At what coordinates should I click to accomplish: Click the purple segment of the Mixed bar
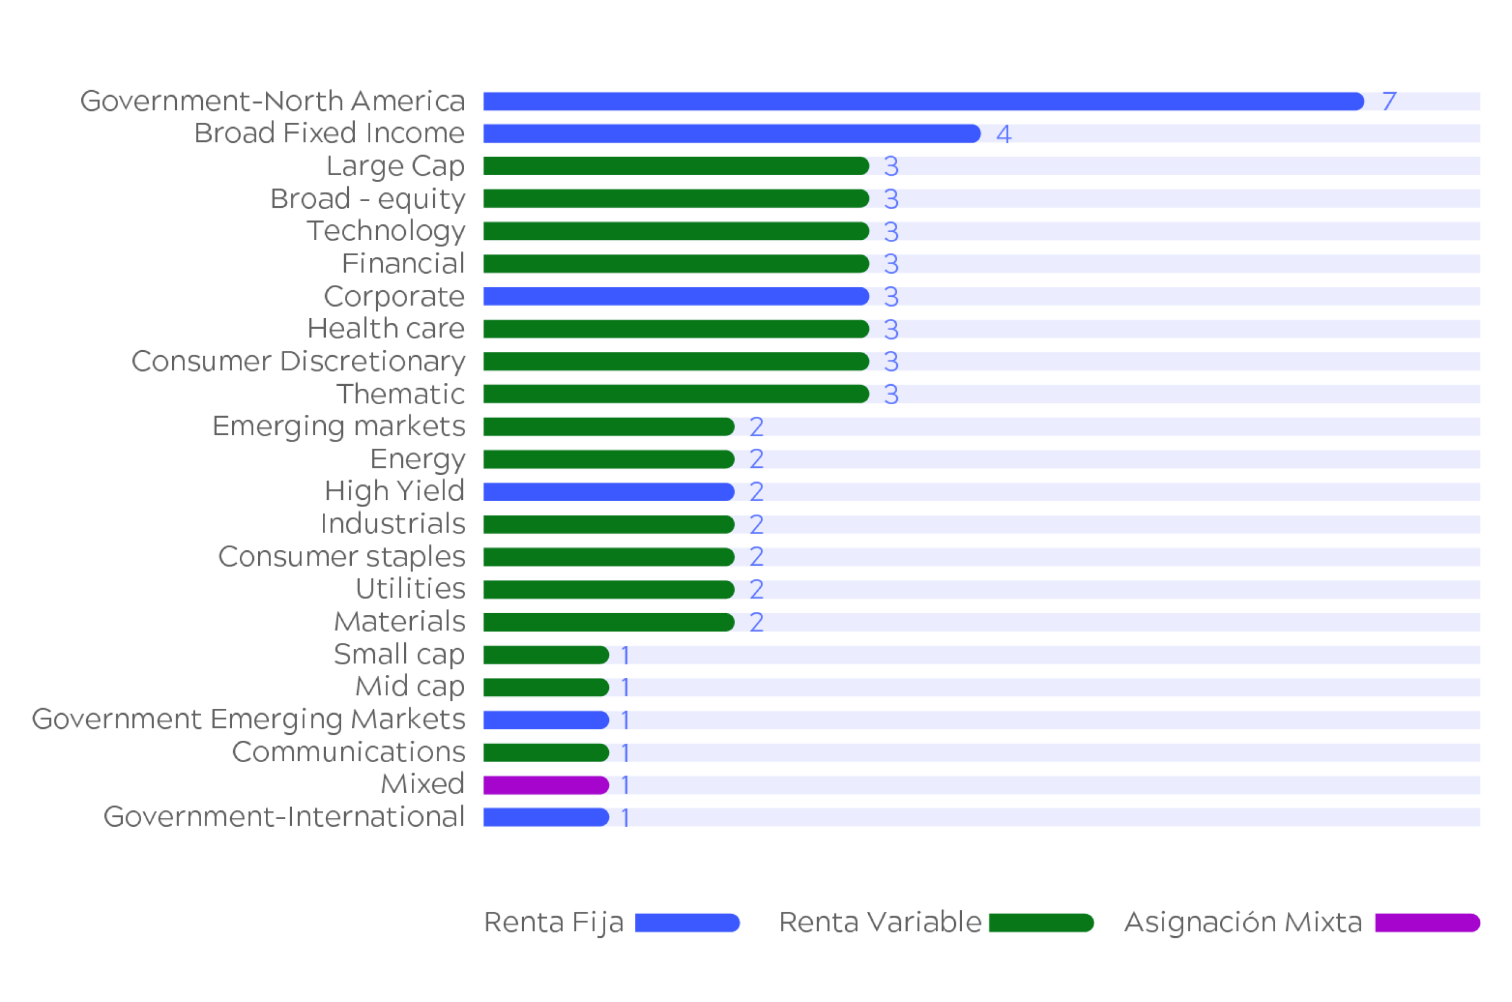(545, 785)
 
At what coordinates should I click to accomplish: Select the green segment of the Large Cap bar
(675, 166)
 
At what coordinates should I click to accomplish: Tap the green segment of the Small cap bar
(545, 654)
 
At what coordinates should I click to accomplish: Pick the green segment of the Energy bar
(608, 459)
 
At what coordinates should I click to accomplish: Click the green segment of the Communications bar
(545, 752)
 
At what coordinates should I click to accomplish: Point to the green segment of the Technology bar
(675, 231)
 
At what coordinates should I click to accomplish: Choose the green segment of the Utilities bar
(608, 589)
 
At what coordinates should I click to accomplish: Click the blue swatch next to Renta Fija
(687, 922)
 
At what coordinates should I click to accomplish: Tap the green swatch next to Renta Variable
(1041, 922)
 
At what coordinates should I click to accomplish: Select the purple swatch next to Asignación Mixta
(1427, 922)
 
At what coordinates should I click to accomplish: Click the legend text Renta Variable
(879, 922)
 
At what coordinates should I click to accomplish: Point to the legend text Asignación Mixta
(1243, 922)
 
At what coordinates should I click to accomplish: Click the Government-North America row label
(272, 101)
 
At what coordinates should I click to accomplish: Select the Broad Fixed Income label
(329, 133)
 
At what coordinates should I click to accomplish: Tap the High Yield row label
(394, 491)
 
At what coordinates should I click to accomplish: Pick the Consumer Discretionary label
(298, 361)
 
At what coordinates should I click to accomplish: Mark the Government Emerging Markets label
(248, 719)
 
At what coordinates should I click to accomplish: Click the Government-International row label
(284, 817)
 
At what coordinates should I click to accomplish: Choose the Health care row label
(386, 328)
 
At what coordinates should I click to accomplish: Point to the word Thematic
(401, 394)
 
